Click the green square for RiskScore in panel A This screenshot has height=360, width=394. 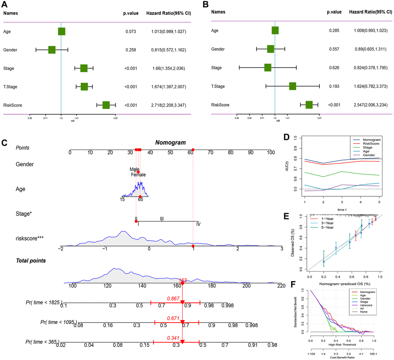pyautogui.click(x=106, y=105)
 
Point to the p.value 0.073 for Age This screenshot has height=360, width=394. pyautogui.click(x=129, y=31)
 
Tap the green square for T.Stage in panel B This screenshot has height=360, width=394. pyautogui.click(x=292, y=87)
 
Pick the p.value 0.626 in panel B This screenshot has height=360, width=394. pyautogui.click(x=334, y=68)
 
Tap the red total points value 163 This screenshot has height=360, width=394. pyautogui.click(x=183, y=280)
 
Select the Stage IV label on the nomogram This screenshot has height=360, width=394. pyautogui.click(x=198, y=224)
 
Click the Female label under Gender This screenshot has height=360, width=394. pyautogui.click(x=138, y=175)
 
